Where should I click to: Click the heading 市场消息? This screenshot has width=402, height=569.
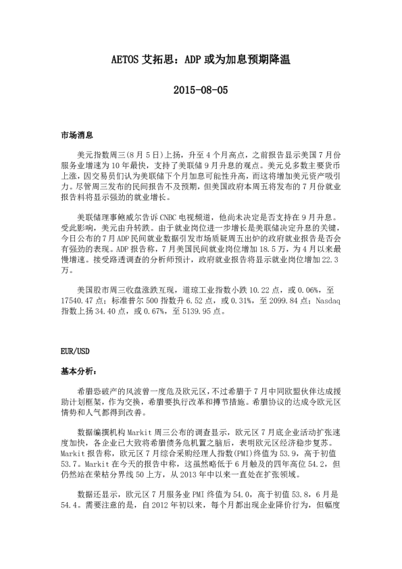pos(77,136)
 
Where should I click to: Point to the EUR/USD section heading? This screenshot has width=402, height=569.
pos(74,352)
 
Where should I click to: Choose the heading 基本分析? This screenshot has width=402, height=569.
pos(79,372)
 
